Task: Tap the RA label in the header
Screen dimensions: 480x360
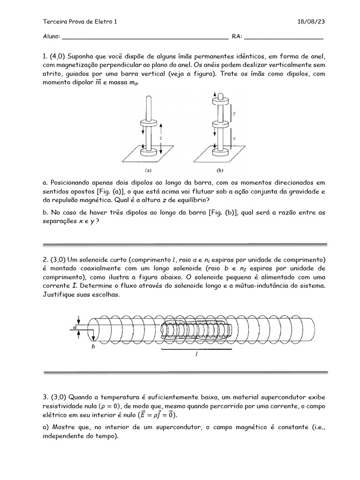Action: point(236,37)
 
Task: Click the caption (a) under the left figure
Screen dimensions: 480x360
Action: point(148,172)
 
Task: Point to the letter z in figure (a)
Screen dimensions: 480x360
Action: point(161,139)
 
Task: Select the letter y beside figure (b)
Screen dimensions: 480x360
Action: point(234,113)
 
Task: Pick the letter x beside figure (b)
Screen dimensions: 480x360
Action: point(234,138)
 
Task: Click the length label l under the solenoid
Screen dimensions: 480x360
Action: point(197,355)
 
